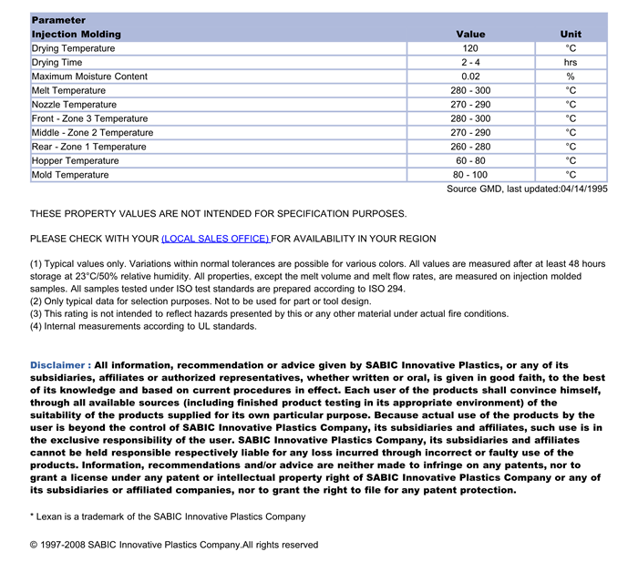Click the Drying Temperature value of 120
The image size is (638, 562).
click(469, 48)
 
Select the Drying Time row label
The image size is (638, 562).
click(57, 63)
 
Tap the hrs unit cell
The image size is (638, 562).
click(571, 63)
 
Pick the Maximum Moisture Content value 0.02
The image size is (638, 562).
click(469, 77)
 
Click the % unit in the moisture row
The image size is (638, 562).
click(571, 77)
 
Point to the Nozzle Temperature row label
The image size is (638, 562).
click(74, 105)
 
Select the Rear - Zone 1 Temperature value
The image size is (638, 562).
click(469, 147)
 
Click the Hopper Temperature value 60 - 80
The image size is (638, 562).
click(469, 161)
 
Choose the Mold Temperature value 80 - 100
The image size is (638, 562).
click(469, 175)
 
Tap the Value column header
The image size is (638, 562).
click(470, 34)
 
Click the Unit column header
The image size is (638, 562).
click(571, 34)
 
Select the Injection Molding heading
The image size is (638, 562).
click(76, 34)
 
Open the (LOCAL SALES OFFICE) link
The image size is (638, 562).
click(215, 239)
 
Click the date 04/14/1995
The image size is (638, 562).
click(583, 189)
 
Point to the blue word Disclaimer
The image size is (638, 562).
click(59, 365)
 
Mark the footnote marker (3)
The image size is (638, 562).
click(36, 313)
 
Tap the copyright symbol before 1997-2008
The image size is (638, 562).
click(35, 545)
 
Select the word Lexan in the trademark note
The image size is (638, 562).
click(50, 516)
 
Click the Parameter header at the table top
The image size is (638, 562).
click(58, 20)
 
